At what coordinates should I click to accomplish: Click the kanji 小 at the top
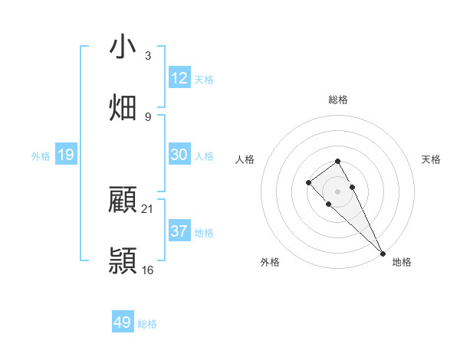[x=122, y=47]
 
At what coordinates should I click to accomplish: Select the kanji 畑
[x=122, y=107]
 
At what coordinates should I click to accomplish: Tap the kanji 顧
[x=122, y=200]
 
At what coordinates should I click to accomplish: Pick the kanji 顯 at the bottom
[x=122, y=260]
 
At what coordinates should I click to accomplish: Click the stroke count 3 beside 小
[x=147, y=56]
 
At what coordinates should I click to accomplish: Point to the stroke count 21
[x=148, y=208]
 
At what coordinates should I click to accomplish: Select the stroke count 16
[x=148, y=270]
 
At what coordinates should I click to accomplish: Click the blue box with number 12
[x=179, y=78]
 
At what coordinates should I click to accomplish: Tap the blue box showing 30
[x=179, y=155]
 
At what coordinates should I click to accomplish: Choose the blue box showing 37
[x=179, y=231]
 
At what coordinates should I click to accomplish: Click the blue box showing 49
[x=123, y=322]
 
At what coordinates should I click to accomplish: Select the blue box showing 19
[x=66, y=155]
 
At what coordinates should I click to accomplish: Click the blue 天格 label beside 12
[x=204, y=80]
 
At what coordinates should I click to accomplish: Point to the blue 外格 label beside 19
[x=41, y=156]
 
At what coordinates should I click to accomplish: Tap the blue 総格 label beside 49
[x=147, y=324]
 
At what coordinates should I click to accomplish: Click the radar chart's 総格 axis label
[x=338, y=100]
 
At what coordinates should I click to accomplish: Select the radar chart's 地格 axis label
[x=402, y=262]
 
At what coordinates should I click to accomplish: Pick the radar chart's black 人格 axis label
[x=245, y=159]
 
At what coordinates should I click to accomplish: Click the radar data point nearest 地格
[x=383, y=254]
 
